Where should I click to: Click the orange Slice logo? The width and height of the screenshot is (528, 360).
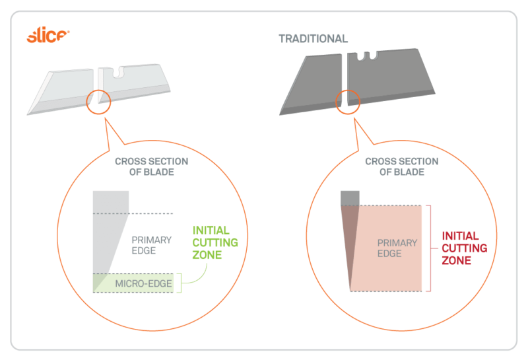(47, 36)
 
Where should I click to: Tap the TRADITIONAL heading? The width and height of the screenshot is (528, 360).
(313, 39)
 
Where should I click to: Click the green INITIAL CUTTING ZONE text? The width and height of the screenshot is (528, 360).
(215, 242)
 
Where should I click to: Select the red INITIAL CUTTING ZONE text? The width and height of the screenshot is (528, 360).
(465, 248)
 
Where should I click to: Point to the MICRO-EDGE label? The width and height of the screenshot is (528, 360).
(143, 285)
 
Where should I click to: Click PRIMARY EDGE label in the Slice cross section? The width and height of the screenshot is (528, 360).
(152, 245)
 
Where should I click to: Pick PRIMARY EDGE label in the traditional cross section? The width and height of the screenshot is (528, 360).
(397, 248)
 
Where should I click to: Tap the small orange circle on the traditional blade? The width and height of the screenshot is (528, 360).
(348, 100)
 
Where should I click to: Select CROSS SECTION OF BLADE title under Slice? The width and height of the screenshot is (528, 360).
(151, 166)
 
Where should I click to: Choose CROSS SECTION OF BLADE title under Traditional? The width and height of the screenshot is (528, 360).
(401, 166)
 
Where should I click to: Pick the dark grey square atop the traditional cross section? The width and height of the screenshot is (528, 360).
(350, 198)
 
